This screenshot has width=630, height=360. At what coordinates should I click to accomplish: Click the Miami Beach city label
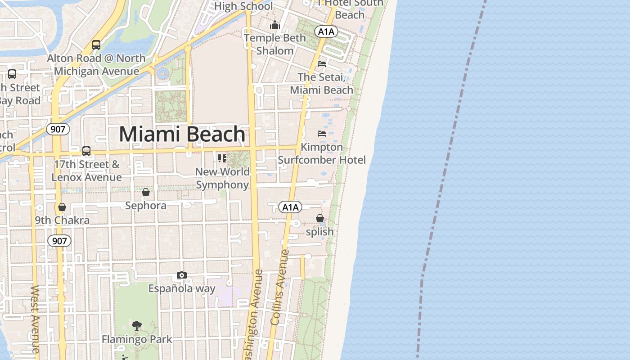[x=182, y=134]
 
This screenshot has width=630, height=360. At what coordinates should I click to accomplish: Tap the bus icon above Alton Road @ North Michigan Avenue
[x=96, y=45]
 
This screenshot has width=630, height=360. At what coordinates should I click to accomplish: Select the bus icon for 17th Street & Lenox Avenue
[x=86, y=151]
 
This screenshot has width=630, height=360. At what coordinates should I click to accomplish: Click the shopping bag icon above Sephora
[x=146, y=193]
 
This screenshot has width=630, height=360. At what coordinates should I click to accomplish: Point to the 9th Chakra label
[x=62, y=220]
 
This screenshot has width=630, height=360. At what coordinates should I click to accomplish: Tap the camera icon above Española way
[x=181, y=275]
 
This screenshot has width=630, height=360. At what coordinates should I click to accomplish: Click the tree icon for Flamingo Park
[x=137, y=325]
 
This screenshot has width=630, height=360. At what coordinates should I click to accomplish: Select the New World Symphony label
[x=222, y=178]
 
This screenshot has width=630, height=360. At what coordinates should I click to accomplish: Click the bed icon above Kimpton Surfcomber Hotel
[x=322, y=134]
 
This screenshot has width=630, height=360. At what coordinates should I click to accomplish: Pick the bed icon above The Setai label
[x=322, y=64]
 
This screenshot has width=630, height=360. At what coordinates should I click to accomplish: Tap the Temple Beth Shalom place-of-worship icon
[x=275, y=25]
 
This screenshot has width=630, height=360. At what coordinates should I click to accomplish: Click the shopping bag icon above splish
[x=320, y=219]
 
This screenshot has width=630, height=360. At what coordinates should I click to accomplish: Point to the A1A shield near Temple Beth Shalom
[x=326, y=31]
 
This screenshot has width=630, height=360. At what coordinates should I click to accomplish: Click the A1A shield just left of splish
[x=290, y=207]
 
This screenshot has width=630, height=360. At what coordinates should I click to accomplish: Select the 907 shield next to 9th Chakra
[x=59, y=241]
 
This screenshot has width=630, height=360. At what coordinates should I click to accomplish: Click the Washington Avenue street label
[x=252, y=315]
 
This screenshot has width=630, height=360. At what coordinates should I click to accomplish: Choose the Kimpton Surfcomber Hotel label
[x=321, y=153]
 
